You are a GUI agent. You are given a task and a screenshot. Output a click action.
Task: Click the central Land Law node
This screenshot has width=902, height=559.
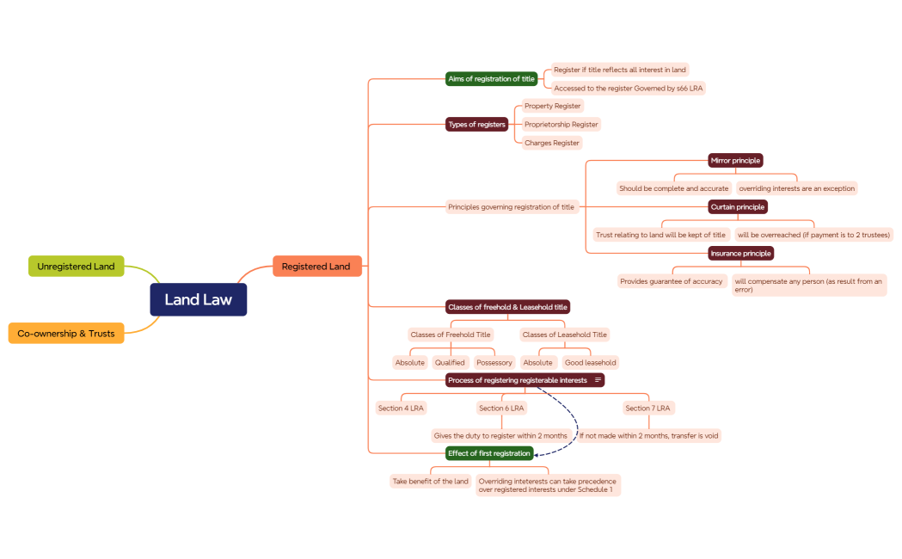pos(199,299)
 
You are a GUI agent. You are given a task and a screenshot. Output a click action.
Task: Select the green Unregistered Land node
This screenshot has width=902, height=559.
pos(76,267)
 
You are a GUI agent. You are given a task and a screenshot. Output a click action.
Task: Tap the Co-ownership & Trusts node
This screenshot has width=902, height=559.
pos(66,333)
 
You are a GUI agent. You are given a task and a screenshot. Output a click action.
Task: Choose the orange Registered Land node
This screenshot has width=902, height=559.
pos(316,267)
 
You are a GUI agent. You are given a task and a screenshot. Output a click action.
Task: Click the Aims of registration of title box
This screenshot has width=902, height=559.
pos(491,78)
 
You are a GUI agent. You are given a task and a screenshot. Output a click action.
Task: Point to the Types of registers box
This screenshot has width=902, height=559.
pos(476,125)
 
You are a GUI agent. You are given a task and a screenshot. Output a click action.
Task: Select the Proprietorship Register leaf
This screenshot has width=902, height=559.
pos(561,125)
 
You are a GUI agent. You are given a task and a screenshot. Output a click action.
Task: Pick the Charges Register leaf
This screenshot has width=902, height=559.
pos(551,143)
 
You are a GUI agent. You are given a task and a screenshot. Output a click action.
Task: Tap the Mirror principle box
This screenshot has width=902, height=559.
pos(735,160)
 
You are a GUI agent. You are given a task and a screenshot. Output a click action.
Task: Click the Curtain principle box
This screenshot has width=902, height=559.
pos(738,206)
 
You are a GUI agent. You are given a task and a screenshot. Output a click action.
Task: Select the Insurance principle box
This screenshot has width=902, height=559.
pos(740,253)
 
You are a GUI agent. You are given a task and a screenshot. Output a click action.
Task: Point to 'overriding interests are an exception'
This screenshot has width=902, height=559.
pos(796,188)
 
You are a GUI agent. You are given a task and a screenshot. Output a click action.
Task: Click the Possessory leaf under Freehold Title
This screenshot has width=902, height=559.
pos(494,362)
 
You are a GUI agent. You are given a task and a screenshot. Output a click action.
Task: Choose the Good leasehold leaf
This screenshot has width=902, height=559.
pos(590,362)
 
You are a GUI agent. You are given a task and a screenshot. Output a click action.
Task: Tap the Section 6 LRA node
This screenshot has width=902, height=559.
pos(501,408)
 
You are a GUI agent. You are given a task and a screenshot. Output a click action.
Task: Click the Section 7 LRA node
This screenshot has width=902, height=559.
pos(648,408)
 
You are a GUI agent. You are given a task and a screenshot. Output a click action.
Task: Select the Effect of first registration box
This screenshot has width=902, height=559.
pos(488,453)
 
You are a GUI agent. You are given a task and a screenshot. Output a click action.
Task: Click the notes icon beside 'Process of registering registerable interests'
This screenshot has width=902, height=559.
pos(598,380)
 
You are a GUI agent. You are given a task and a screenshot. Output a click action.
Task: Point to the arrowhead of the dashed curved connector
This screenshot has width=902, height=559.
pos(537,453)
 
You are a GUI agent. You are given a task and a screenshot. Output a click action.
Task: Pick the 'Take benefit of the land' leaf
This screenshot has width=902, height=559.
pos(430,482)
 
